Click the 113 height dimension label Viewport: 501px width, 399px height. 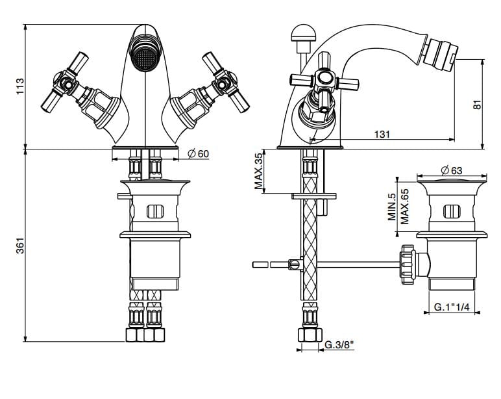click(x=20, y=86)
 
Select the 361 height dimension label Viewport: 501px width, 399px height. click(x=20, y=246)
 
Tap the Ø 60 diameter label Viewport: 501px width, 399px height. click(x=198, y=153)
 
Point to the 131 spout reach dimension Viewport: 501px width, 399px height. click(x=382, y=134)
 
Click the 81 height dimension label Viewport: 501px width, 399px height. click(x=477, y=104)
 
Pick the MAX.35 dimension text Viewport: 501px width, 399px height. click(x=258, y=172)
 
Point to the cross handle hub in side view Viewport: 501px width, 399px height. click(x=324, y=81)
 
